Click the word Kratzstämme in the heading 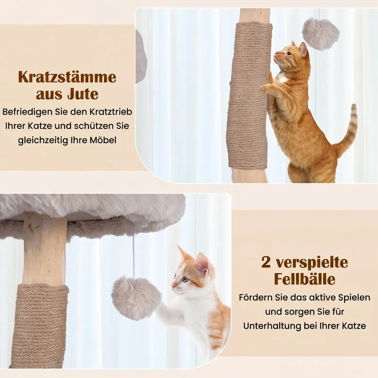[x=67, y=77]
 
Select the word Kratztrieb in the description [x=111, y=112]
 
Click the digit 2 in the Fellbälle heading [x=266, y=263]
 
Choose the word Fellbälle [x=305, y=279]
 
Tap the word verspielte [x=312, y=263]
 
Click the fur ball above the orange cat [x=321, y=33]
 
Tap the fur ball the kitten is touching [x=136, y=298]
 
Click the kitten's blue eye [x=185, y=279]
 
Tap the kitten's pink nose [x=173, y=286]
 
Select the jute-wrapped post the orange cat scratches [x=249, y=95]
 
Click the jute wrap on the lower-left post [x=40, y=326]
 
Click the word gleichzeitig [x=43, y=140]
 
